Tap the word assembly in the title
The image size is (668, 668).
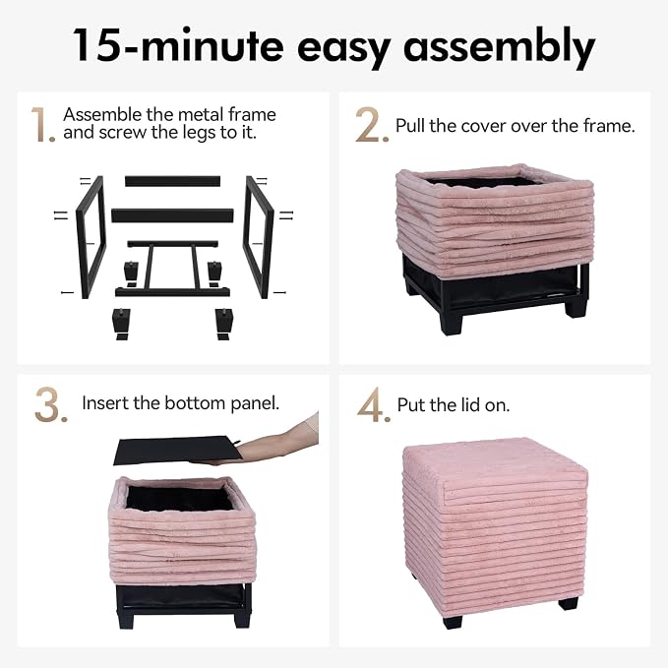[x=499, y=46]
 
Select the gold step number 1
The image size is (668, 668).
[x=43, y=124]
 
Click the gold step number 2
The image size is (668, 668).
[x=372, y=124]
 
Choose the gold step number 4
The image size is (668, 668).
[x=374, y=404]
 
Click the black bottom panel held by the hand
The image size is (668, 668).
[x=177, y=450]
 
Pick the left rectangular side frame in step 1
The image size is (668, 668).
[x=91, y=237]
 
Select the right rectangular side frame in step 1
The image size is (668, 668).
[x=258, y=237]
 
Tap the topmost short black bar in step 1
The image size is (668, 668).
[x=172, y=181]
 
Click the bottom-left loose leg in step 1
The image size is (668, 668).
[x=121, y=324]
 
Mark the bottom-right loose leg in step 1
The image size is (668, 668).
[x=223, y=324]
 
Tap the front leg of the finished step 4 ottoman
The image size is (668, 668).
[x=452, y=621]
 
